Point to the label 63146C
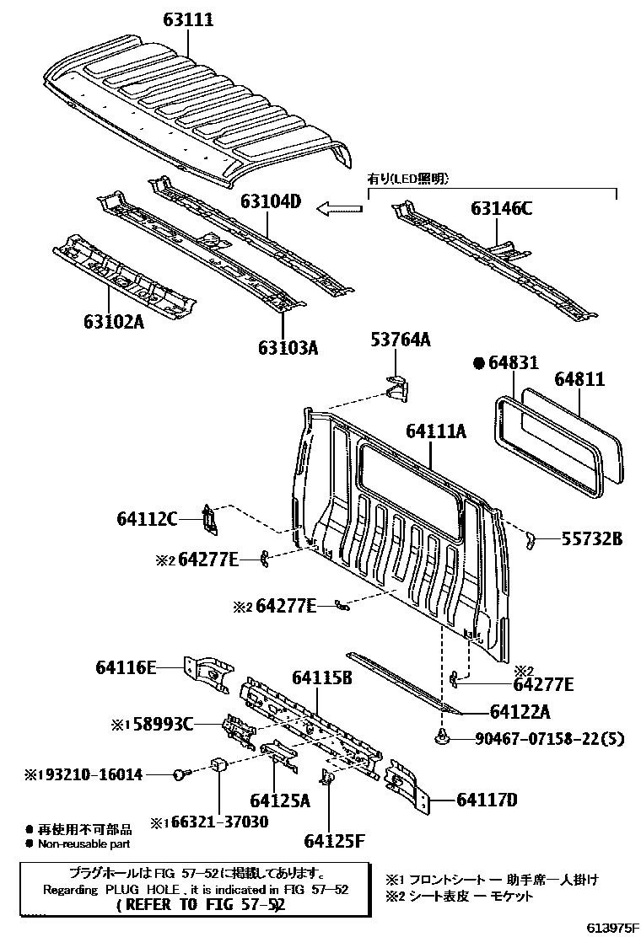point(501,210)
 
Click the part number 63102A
point(114,322)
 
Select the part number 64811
point(579,380)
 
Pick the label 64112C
point(147,519)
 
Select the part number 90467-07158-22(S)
point(547,739)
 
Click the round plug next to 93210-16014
point(180,773)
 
